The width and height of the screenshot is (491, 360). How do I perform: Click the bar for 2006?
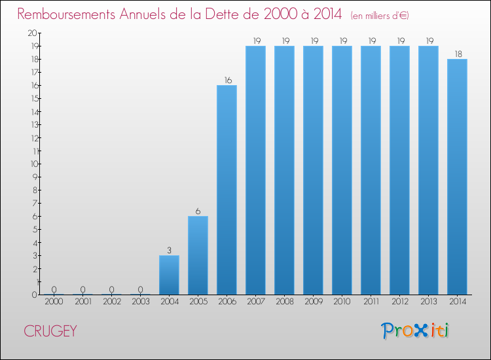click(227, 190)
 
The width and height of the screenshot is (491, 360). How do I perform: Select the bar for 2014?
click(457, 177)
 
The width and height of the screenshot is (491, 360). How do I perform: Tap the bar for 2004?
click(169, 275)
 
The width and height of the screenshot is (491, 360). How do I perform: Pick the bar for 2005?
click(198, 255)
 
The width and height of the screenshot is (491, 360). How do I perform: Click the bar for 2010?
click(342, 170)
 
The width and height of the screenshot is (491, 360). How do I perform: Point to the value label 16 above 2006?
click(227, 81)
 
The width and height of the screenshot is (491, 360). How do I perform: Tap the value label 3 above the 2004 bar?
click(169, 251)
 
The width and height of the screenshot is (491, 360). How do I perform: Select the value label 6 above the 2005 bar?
click(198, 211)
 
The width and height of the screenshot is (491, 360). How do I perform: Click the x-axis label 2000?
click(54, 302)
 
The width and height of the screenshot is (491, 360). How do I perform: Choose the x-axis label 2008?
click(284, 302)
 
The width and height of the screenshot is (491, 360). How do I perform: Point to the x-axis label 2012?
click(399, 302)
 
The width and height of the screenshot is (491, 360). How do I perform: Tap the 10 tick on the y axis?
click(33, 164)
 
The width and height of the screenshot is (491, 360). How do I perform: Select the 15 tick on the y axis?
click(33, 98)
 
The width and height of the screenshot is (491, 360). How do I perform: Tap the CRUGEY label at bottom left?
click(50, 331)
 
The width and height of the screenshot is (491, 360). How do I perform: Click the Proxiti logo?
click(415, 330)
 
